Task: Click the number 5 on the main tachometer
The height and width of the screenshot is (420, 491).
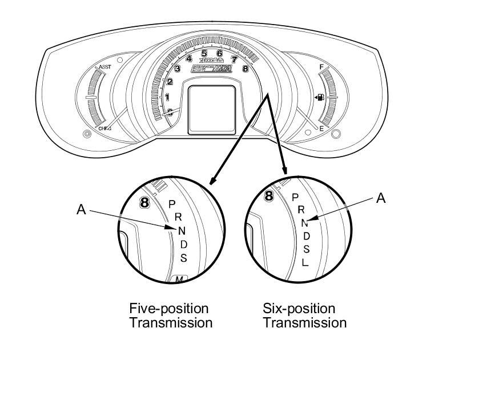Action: click(x=204, y=54)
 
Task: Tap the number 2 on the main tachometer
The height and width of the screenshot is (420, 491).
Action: click(x=170, y=81)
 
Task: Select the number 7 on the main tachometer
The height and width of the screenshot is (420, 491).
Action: click(x=234, y=59)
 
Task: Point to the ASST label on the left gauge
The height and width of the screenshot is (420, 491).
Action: click(x=104, y=67)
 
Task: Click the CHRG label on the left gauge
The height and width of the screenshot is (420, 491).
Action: click(x=104, y=129)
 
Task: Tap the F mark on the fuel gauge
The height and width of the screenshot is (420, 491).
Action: click(x=321, y=67)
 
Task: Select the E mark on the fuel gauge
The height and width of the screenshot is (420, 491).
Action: click(x=321, y=129)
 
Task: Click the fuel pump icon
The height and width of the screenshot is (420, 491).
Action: click(x=320, y=98)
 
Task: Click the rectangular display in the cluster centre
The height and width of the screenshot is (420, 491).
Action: click(x=211, y=109)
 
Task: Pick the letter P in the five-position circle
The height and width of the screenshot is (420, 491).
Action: click(x=172, y=204)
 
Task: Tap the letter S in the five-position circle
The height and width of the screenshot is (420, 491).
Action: click(x=183, y=258)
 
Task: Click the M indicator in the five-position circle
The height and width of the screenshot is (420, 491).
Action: click(x=179, y=279)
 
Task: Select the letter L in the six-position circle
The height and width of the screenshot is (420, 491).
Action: click(x=305, y=263)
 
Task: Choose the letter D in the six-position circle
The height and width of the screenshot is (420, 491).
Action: click(x=306, y=235)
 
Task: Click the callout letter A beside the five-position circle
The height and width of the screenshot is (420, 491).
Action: click(x=81, y=210)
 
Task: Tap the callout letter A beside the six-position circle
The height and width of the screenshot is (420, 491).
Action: click(x=381, y=198)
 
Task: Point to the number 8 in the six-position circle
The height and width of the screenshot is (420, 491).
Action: click(x=269, y=196)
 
